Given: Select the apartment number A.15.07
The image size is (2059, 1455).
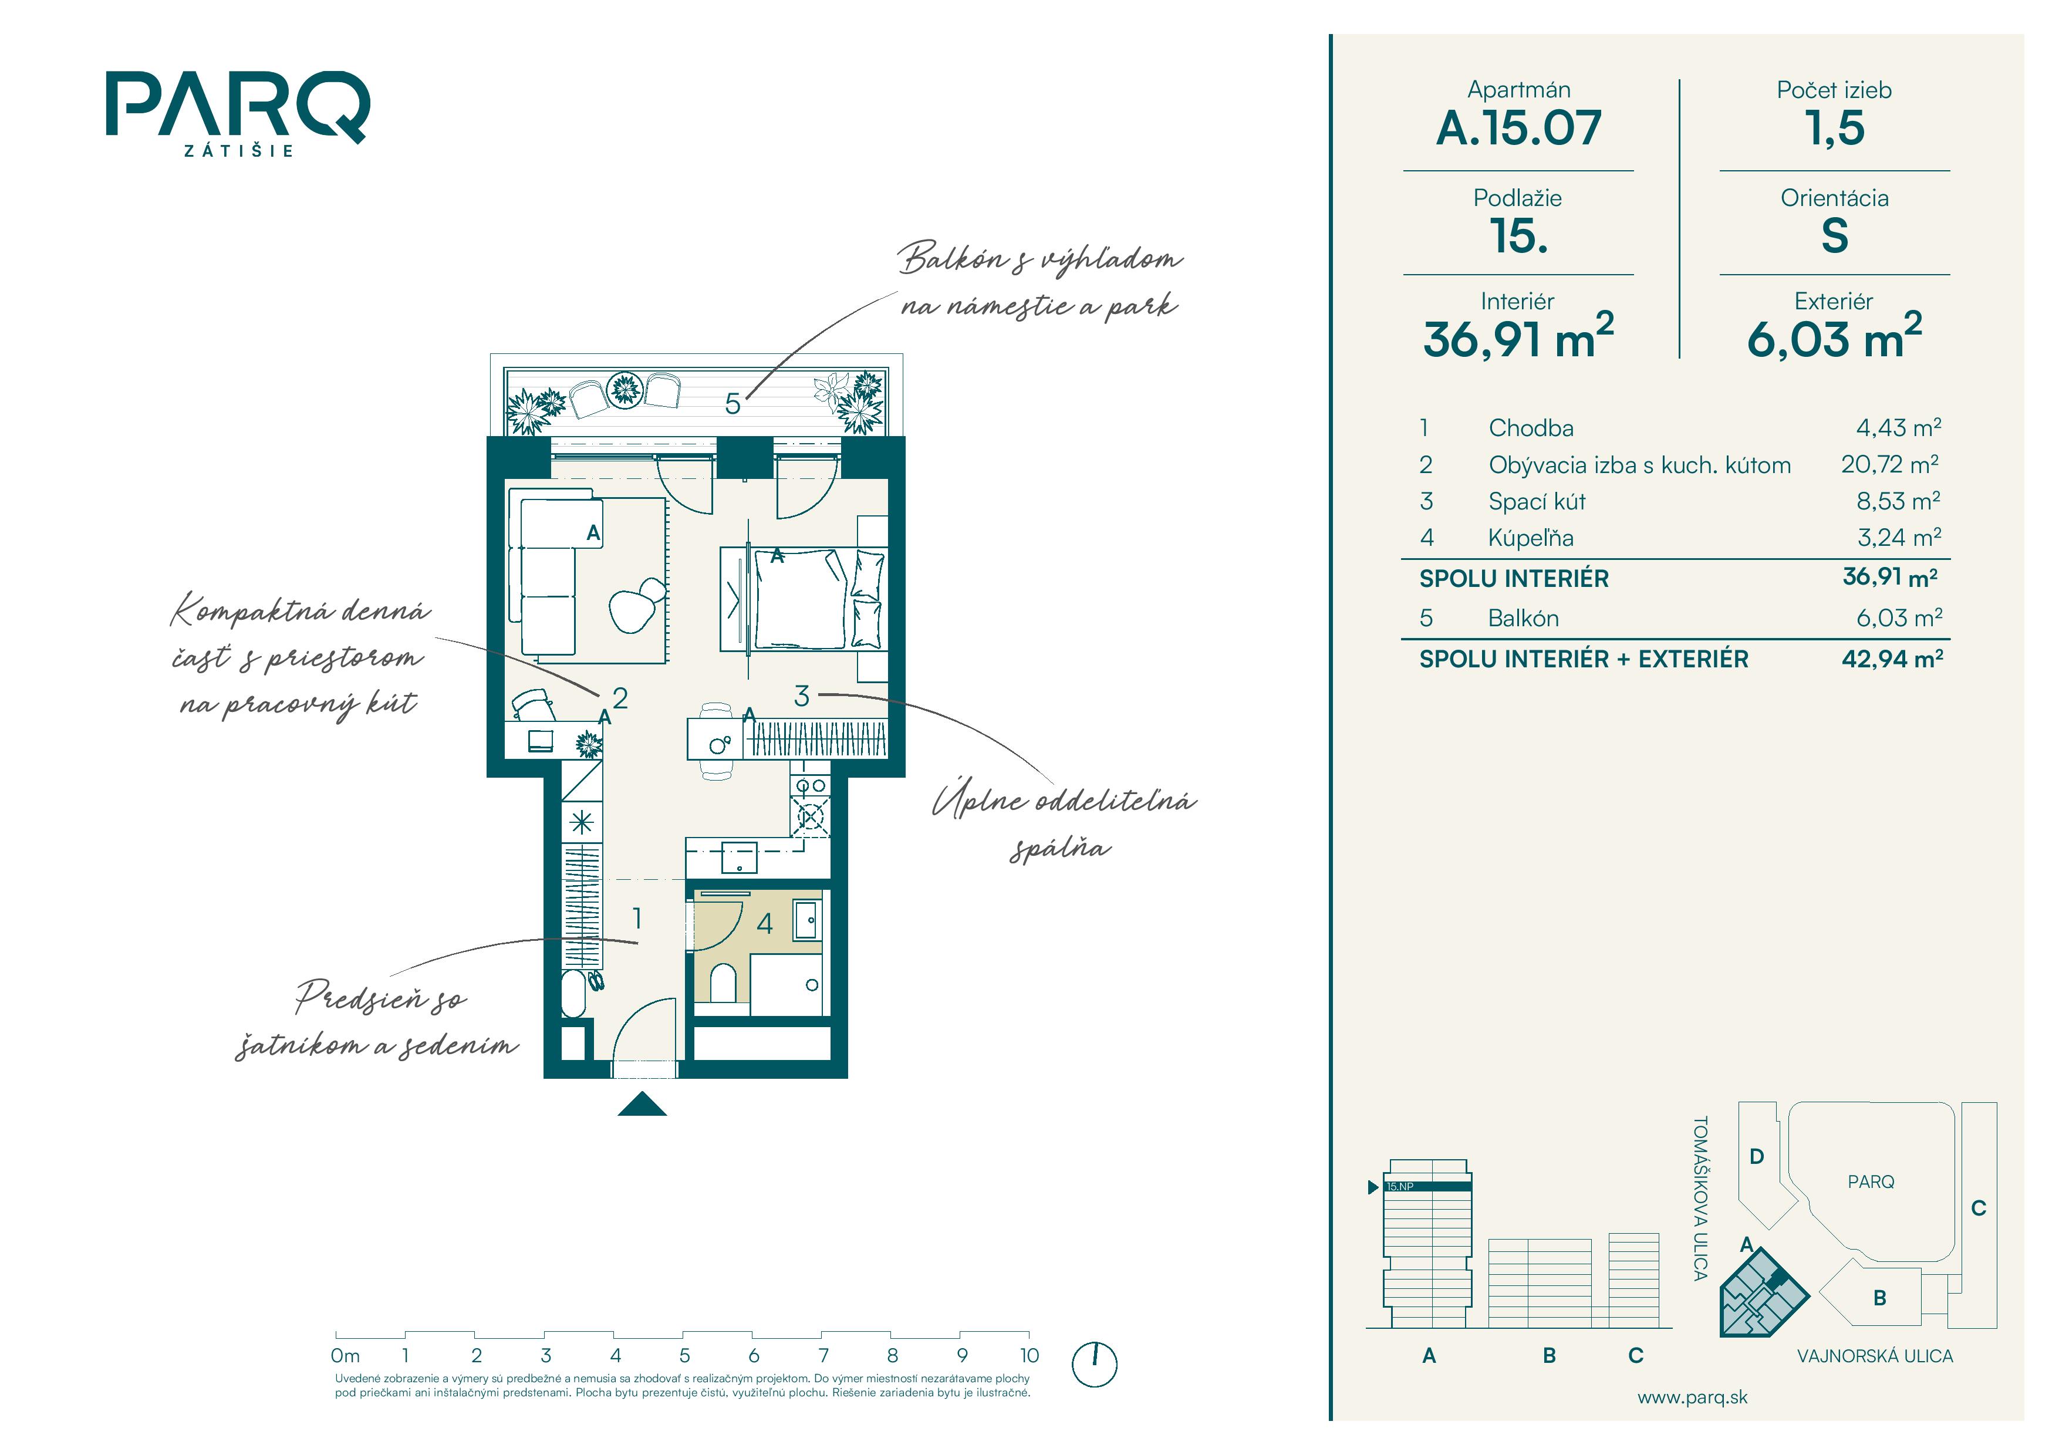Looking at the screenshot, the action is click(x=1518, y=127).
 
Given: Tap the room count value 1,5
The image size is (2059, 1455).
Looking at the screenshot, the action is click(x=1834, y=128).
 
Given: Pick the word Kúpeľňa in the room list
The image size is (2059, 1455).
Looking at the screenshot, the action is click(x=1531, y=537).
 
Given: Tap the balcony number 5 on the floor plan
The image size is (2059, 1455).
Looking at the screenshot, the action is click(x=733, y=404).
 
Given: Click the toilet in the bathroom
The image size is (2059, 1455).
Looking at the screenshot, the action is click(x=723, y=984).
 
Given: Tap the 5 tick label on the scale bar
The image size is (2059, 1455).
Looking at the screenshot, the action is click(x=684, y=1355).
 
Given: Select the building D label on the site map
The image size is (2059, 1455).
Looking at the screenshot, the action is click(x=1757, y=1156).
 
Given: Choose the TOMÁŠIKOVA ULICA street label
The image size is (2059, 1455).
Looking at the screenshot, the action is click(x=1700, y=1198).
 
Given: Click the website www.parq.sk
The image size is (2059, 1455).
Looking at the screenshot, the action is click(x=1692, y=1397).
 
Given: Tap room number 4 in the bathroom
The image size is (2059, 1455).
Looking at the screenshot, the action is click(x=765, y=923).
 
